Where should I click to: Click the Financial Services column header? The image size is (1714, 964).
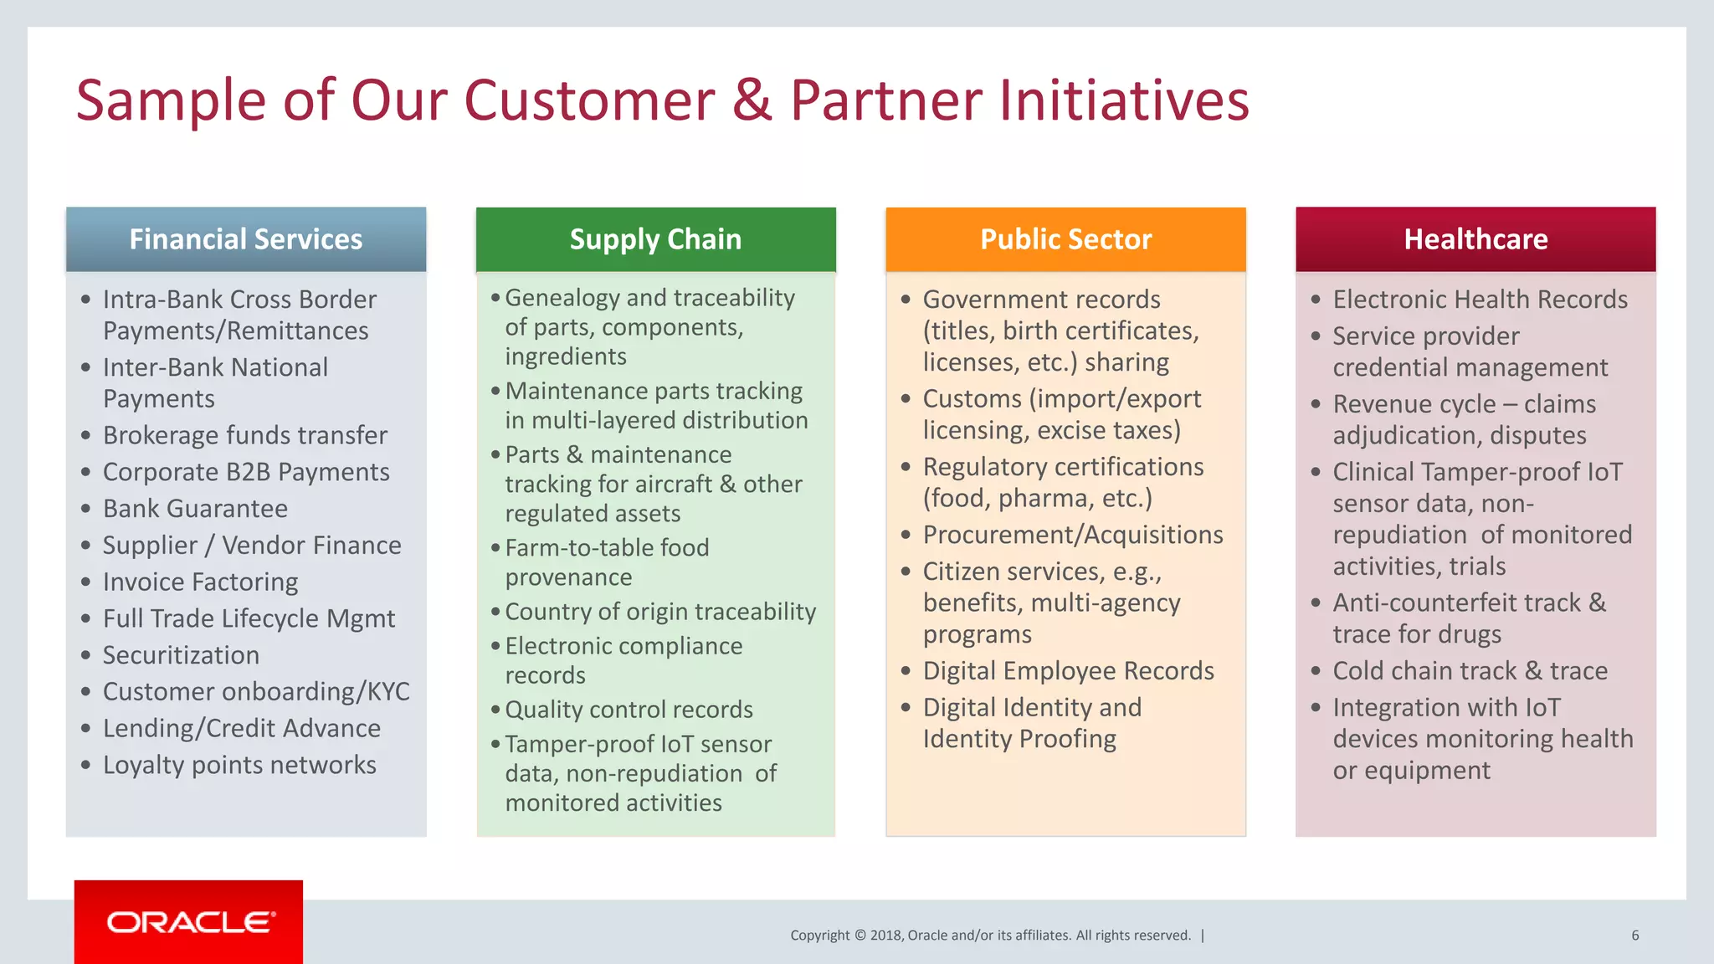click(246, 239)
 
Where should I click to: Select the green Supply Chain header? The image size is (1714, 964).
click(655, 239)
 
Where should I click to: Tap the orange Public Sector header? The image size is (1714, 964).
click(1065, 239)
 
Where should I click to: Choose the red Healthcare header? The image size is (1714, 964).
click(1475, 239)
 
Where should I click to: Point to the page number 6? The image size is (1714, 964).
click(1634, 936)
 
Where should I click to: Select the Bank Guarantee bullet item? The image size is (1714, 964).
click(195, 509)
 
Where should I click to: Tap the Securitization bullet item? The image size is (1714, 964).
click(181, 655)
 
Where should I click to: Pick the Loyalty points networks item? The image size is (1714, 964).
click(239, 765)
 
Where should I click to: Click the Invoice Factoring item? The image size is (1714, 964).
click(200, 582)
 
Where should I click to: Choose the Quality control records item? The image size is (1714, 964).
click(629, 710)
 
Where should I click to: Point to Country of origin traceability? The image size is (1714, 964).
click(660, 612)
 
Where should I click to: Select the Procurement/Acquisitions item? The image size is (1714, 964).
click(1073, 535)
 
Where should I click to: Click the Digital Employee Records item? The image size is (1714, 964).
click(1068, 671)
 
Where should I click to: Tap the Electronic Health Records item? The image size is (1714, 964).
click(1480, 300)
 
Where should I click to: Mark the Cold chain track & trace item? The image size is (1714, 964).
click(1470, 671)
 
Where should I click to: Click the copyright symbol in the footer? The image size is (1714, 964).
click(860, 936)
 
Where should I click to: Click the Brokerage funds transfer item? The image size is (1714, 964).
click(245, 435)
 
